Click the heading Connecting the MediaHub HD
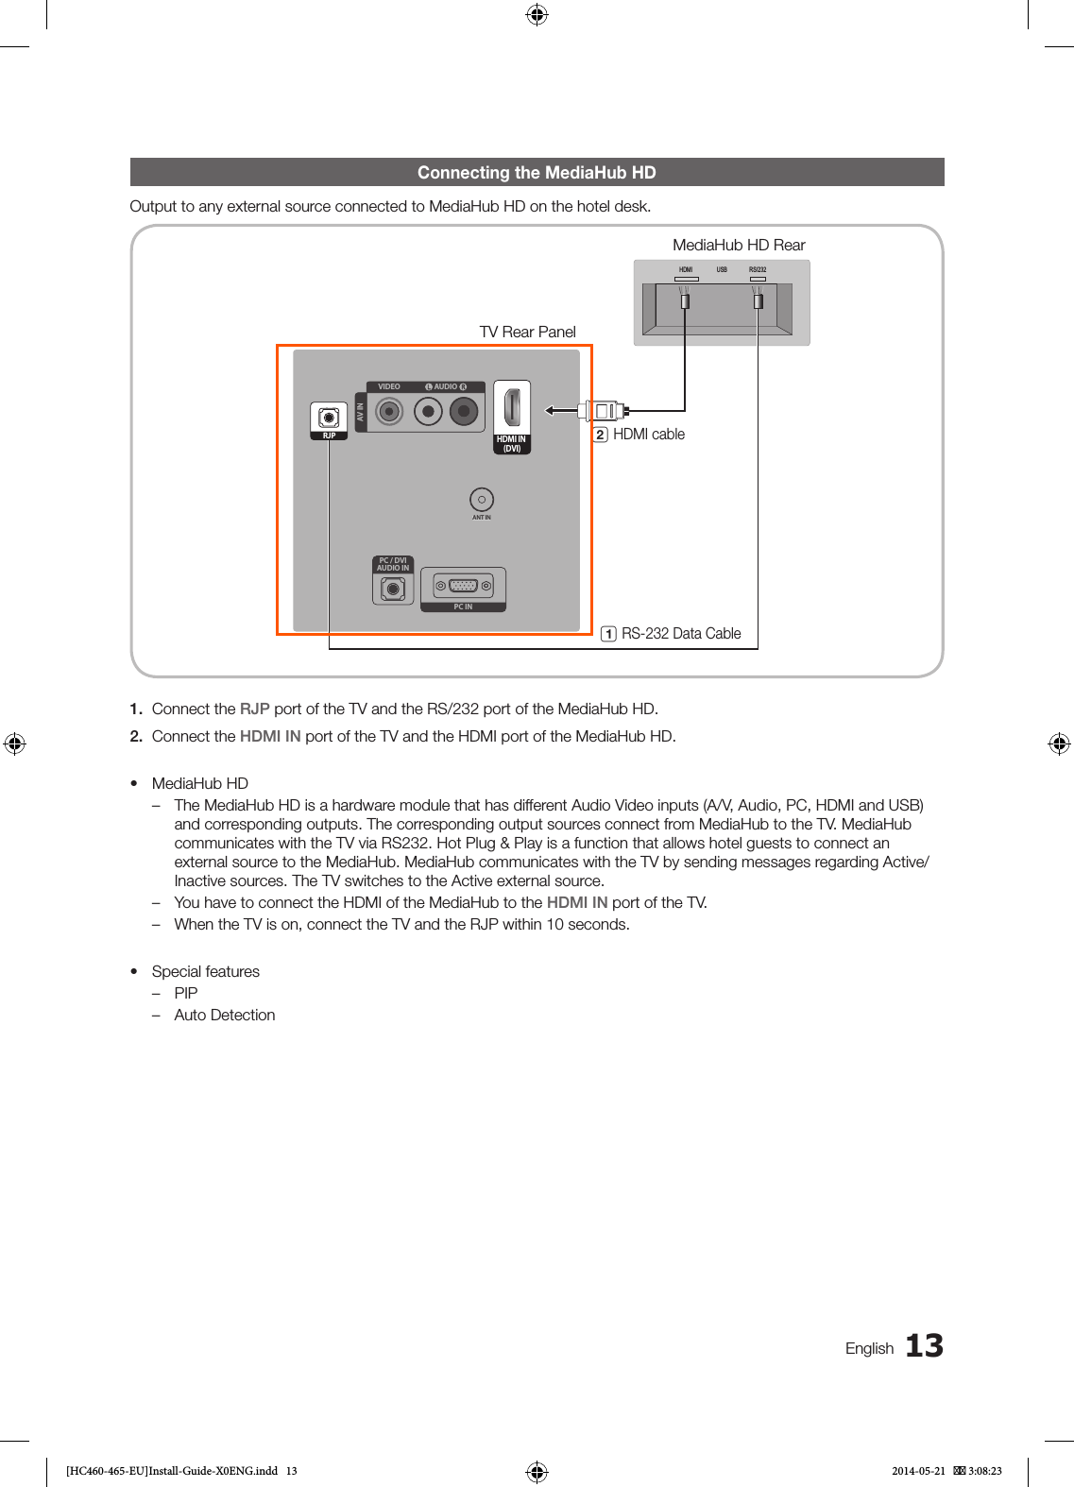(537, 173)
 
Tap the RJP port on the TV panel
(329, 418)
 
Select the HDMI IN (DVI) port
(512, 408)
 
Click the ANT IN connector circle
(482, 499)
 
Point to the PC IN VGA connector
(463, 586)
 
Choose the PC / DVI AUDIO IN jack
(393, 589)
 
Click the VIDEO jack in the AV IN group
(389, 411)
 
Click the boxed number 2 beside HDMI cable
(600, 435)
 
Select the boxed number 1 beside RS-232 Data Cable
(609, 634)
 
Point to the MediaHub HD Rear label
(739, 246)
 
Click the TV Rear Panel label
(527, 333)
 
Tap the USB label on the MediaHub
(722, 270)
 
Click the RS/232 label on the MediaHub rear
(758, 270)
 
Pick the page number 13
(924, 1345)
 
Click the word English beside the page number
(869, 1348)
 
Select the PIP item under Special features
(186, 993)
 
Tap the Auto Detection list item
(225, 1015)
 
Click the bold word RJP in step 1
(255, 709)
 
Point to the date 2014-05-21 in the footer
(918, 1471)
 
